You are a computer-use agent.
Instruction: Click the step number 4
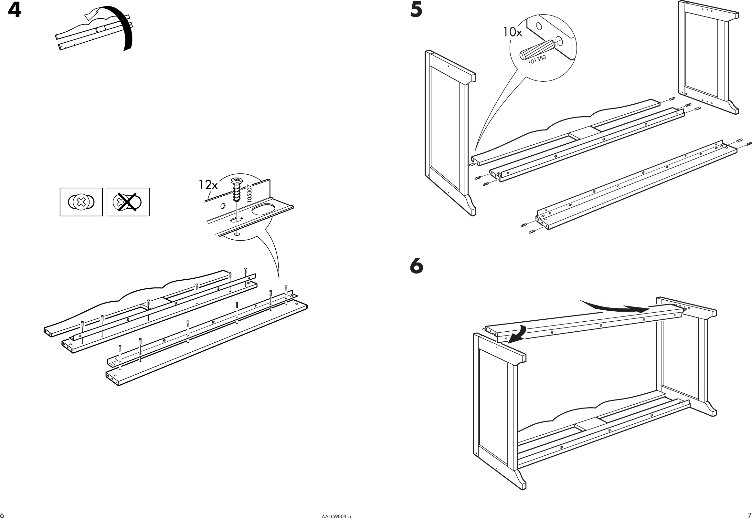click(x=14, y=10)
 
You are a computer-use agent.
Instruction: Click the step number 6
click(x=417, y=266)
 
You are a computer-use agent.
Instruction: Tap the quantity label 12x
click(x=208, y=185)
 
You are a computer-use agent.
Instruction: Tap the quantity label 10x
click(x=513, y=32)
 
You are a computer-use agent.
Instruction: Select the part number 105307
click(x=249, y=194)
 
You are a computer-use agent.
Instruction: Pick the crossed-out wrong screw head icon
click(x=128, y=202)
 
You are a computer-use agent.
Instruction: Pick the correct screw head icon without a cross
click(x=81, y=202)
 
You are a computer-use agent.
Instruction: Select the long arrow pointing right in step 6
click(x=614, y=307)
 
